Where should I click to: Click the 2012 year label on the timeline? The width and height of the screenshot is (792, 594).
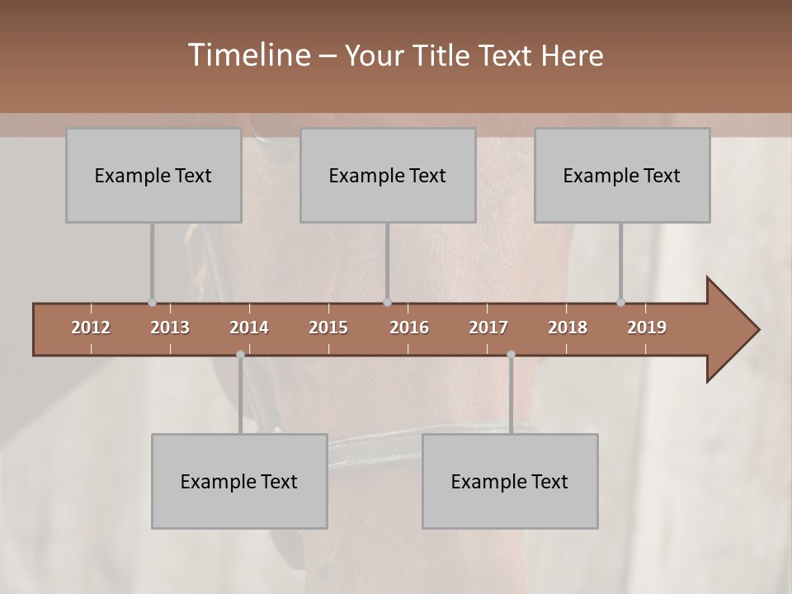(91, 328)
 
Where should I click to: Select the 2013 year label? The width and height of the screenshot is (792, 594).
(170, 328)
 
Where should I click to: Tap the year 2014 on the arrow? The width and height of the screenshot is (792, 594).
(249, 328)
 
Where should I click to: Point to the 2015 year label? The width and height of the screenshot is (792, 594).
(328, 328)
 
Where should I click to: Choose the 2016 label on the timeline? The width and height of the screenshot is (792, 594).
(409, 328)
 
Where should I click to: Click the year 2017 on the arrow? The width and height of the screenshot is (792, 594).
(488, 328)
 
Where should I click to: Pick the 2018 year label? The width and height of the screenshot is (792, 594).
(568, 328)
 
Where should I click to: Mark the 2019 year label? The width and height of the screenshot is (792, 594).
(647, 328)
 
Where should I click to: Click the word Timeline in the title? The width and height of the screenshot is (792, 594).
(248, 55)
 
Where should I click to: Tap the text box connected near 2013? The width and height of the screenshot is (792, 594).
(153, 175)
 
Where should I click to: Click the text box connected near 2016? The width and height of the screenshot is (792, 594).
(388, 175)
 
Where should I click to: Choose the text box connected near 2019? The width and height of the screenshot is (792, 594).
(622, 175)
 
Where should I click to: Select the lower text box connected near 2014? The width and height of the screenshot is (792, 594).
(239, 481)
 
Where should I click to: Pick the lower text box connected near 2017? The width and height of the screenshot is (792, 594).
(510, 481)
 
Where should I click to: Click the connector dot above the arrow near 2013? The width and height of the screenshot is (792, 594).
(152, 302)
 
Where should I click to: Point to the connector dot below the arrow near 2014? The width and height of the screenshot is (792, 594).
(240, 355)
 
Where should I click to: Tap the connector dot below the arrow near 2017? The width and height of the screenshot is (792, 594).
(511, 355)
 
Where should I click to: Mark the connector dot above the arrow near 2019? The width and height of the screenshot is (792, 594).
(620, 302)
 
